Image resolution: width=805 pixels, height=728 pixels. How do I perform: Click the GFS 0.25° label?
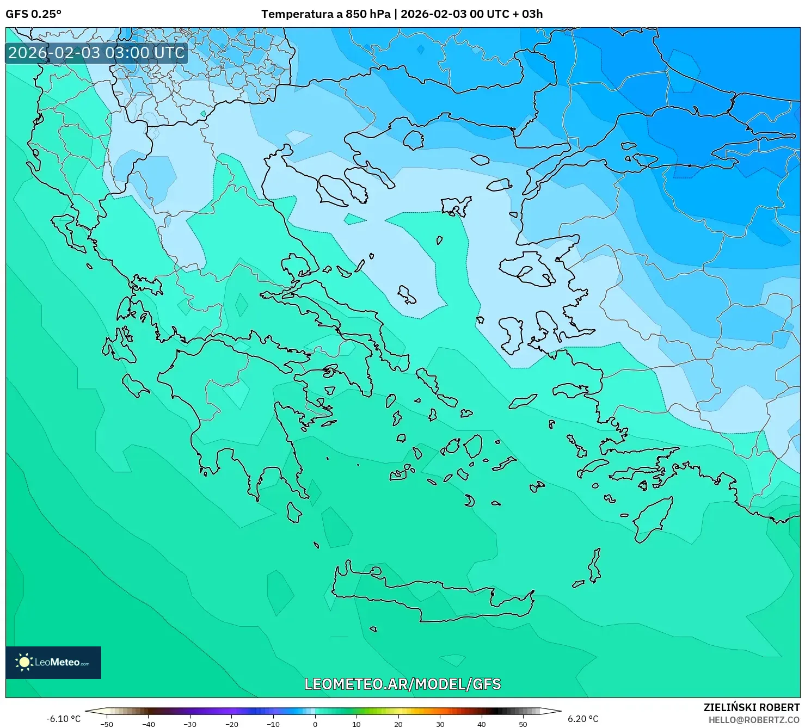pyautogui.click(x=33, y=14)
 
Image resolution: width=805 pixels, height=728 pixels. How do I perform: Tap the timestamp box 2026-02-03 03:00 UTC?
pyautogui.click(x=96, y=53)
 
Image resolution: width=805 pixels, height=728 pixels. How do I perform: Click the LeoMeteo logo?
pyautogui.click(x=53, y=662)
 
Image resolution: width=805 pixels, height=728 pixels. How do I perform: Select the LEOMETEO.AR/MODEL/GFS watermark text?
pyautogui.click(x=402, y=684)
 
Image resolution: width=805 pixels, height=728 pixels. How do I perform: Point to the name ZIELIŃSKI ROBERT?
pyautogui.click(x=751, y=707)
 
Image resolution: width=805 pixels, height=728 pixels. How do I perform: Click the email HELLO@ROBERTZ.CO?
pyautogui.click(x=754, y=720)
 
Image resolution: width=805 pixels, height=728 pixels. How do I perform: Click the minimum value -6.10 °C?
pyautogui.click(x=63, y=719)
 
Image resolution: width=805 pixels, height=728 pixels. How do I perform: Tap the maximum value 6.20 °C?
pyautogui.click(x=583, y=719)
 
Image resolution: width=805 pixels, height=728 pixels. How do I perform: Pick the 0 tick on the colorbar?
pyautogui.click(x=315, y=724)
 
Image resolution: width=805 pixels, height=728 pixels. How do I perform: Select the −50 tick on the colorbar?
pyautogui.click(x=107, y=724)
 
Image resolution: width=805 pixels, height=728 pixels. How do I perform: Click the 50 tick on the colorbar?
pyautogui.click(x=523, y=724)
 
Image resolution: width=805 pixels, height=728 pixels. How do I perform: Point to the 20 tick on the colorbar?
pyautogui.click(x=398, y=724)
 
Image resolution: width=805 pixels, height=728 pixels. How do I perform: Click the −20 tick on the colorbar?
pyautogui.click(x=232, y=724)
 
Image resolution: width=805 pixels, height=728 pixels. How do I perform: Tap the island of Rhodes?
pyautogui.click(x=652, y=519)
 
